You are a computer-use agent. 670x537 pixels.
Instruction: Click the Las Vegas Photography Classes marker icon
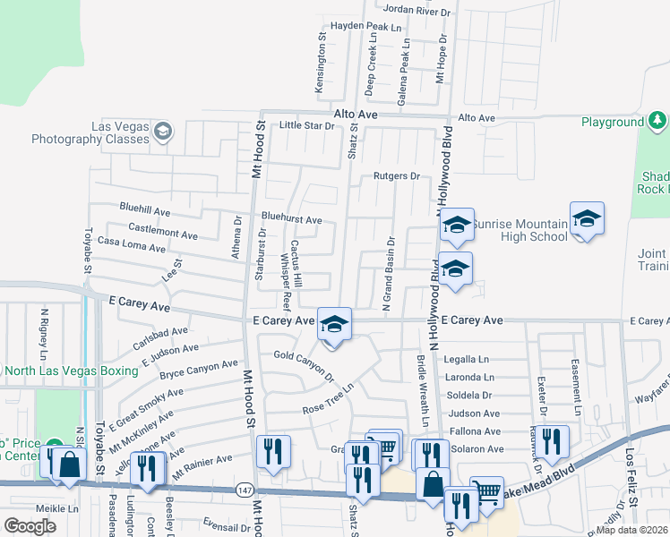[x=162, y=132]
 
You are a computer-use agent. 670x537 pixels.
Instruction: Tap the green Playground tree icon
[x=657, y=121]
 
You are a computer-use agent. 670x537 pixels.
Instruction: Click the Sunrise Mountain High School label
[x=520, y=230]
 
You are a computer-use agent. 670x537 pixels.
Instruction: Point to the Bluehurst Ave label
[x=291, y=219]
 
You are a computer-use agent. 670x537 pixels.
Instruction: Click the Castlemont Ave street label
[x=163, y=234]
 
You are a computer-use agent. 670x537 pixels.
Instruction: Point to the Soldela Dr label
[x=470, y=395]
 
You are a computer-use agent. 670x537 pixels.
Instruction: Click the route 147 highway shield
[x=245, y=490]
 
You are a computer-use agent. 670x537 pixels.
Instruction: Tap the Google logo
[x=30, y=525]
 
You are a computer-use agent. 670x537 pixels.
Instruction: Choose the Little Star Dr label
[x=306, y=125]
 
